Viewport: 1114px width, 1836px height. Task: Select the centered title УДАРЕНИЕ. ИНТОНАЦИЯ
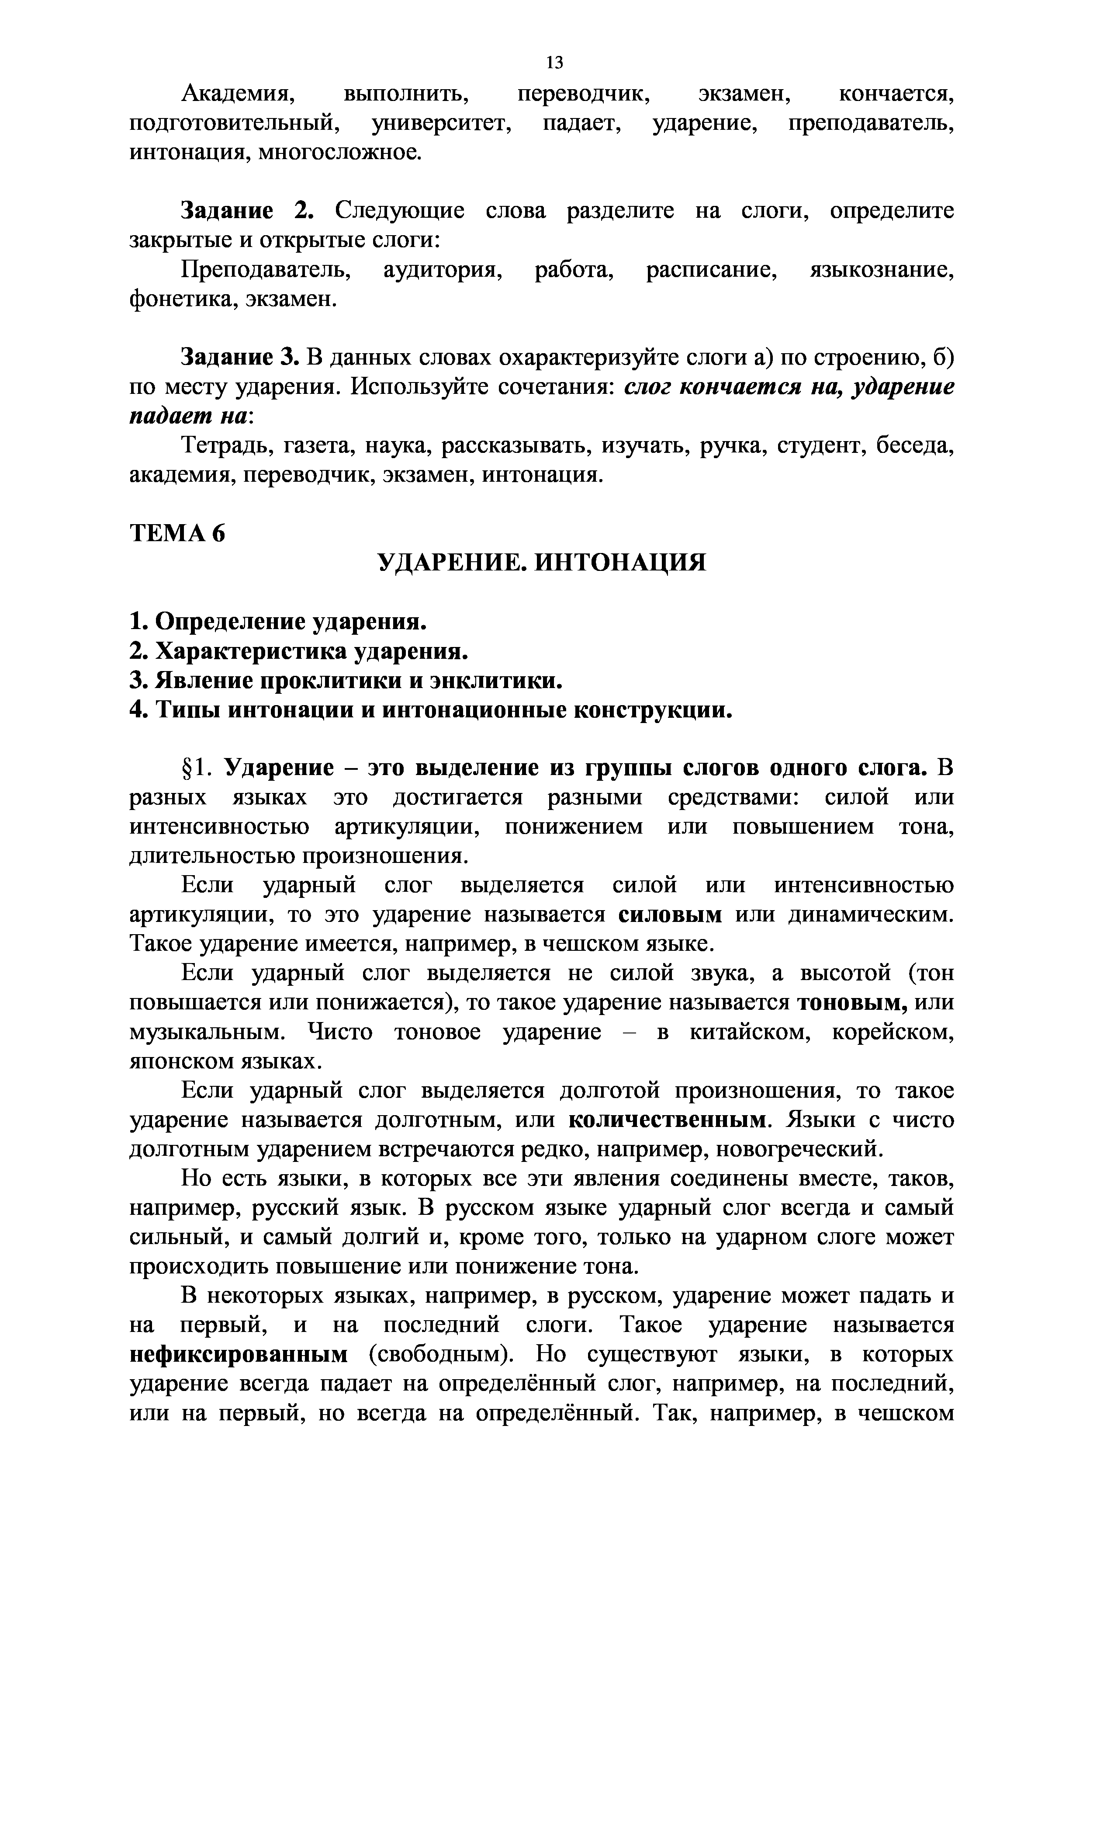(x=541, y=563)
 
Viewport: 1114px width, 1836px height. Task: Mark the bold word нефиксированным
(x=238, y=1356)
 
